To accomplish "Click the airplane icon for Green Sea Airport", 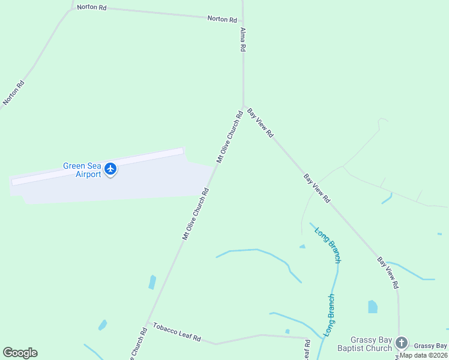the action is [110, 169].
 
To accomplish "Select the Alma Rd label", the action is [243, 39].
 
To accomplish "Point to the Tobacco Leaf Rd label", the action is [176, 331].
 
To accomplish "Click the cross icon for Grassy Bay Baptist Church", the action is [402, 343].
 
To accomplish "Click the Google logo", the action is [20, 353].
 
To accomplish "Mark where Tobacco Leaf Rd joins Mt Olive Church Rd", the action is [147, 323].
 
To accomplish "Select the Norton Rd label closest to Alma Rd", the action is [221, 19].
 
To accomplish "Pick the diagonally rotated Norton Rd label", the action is [13, 92].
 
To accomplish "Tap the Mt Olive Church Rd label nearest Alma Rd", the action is [229, 136].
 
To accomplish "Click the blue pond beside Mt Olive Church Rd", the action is [152, 282].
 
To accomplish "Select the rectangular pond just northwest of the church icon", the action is [373, 307].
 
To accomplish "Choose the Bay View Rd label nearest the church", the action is [387, 271].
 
